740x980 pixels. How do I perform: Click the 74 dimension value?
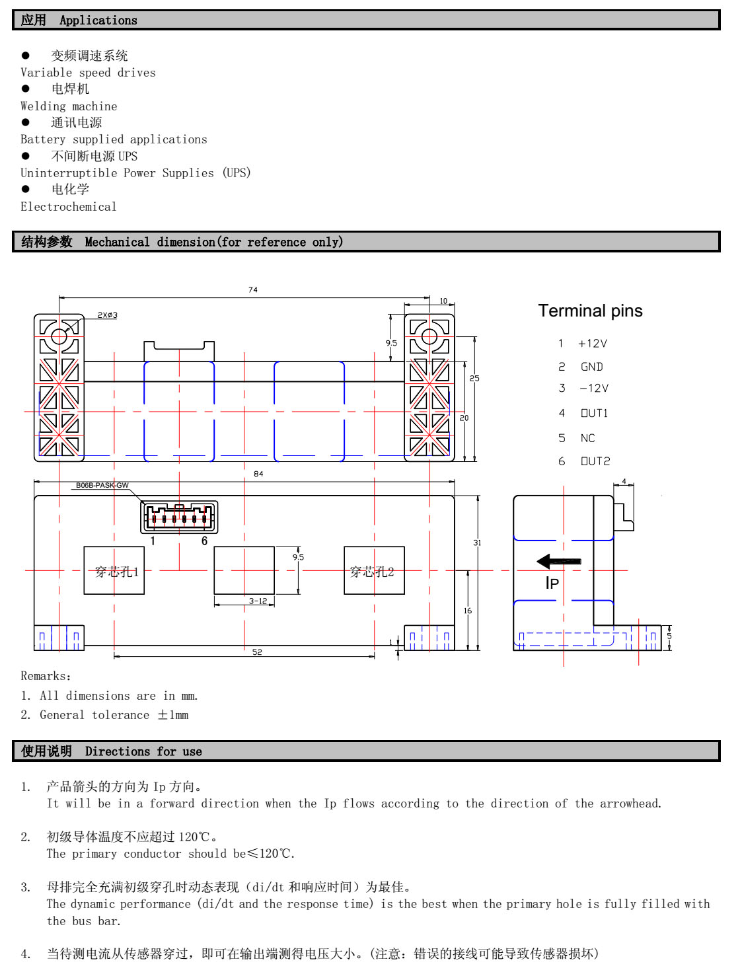click(x=253, y=290)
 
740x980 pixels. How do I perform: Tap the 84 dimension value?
click(x=258, y=474)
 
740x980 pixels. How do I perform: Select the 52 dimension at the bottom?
click(x=257, y=652)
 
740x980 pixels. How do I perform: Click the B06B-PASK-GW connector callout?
click(x=102, y=485)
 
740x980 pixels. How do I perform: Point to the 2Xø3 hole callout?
click(x=108, y=315)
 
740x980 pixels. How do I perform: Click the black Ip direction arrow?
click(x=558, y=562)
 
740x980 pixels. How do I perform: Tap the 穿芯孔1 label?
click(x=117, y=572)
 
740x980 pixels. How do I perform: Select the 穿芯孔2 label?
click(x=372, y=572)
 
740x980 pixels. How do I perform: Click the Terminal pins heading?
click(x=590, y=311)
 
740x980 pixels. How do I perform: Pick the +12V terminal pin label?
click(x=593, y=344)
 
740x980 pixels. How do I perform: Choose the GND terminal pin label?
click(x=592, y=367)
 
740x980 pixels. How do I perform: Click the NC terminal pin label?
click(x=588, y=438)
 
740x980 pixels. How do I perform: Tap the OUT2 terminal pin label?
click(x=595, y=461)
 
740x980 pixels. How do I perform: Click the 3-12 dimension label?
click(x=258, y=601)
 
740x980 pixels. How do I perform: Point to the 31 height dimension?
click(x=477, y=543)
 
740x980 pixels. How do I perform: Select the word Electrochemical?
click(x=69, y=207)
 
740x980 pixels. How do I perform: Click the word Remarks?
click(x=44, y=676)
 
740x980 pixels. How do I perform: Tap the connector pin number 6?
click(x=205, y=541)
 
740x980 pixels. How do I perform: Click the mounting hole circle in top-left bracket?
click(x=59, y=336)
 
